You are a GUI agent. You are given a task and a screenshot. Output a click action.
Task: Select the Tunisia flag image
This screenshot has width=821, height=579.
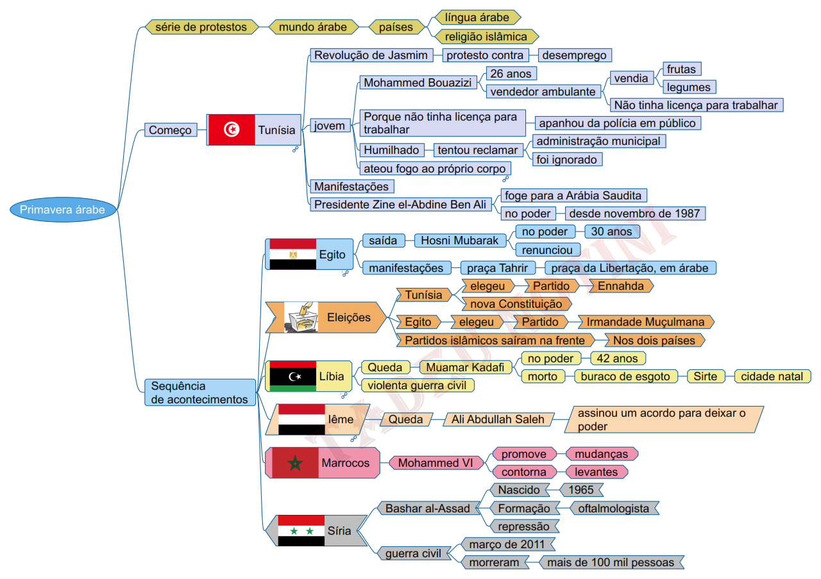tap(232, 130)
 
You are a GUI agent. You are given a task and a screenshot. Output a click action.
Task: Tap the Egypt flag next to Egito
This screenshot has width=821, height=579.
tap(292, 254)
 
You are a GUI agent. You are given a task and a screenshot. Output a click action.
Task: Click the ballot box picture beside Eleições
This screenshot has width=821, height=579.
tap(301, 317)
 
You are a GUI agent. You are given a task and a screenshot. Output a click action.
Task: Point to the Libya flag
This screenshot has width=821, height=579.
tap(292, 376)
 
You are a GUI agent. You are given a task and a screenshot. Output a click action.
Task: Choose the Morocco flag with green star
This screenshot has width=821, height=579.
tap(295, 463)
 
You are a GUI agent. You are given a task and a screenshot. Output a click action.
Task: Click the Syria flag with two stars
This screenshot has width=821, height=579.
tap(301, 530)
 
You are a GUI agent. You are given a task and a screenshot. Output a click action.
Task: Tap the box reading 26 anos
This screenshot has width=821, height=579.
tap(511, 74)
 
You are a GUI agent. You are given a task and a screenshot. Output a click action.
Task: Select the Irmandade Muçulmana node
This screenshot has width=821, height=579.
tap(645, 322)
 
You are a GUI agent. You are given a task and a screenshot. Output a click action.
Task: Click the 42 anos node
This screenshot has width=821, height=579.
tap(617, 358)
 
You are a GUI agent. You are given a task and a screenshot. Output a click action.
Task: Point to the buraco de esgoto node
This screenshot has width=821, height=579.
tap(625, 376)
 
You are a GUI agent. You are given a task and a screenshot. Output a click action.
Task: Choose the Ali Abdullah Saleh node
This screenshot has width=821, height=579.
tap(498, 419)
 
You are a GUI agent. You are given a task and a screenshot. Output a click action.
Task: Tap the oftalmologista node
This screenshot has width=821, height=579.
tap(614, 508)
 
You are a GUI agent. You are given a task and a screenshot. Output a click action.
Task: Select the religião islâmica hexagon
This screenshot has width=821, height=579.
tap(486, 37)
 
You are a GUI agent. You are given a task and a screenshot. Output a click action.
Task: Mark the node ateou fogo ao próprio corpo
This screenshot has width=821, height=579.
tap(434, 169)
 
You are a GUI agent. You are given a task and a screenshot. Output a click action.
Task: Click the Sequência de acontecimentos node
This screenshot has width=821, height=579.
tap(199, 392)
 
